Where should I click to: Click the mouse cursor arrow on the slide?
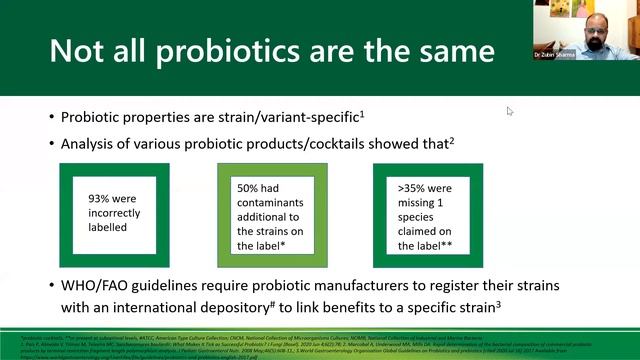pos(510,111)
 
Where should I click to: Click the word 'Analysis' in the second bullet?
pos(89,143)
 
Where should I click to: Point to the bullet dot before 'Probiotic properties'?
pos(49,117)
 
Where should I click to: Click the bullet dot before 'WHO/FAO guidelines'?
pos(49,285)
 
